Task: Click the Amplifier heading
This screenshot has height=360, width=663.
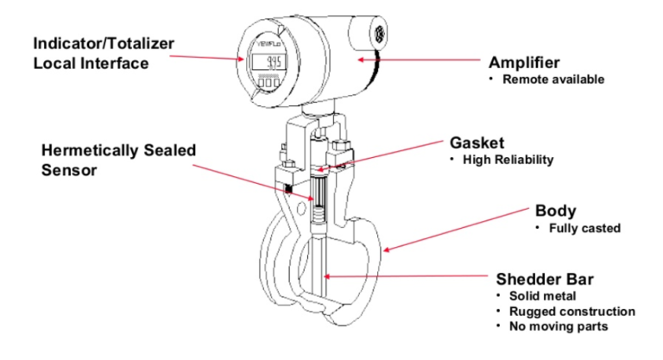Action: tap(524, 63)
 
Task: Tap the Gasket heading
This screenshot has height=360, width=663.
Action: tap(477, 142)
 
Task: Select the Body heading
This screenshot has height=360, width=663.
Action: tap(554, 211)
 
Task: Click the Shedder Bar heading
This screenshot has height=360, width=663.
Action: tap(545, 279)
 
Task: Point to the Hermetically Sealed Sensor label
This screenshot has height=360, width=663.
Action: tap(118, 160)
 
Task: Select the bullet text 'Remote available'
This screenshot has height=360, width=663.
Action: tap(552, 79)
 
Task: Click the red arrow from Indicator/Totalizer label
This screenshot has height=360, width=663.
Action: tap(207, 55)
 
